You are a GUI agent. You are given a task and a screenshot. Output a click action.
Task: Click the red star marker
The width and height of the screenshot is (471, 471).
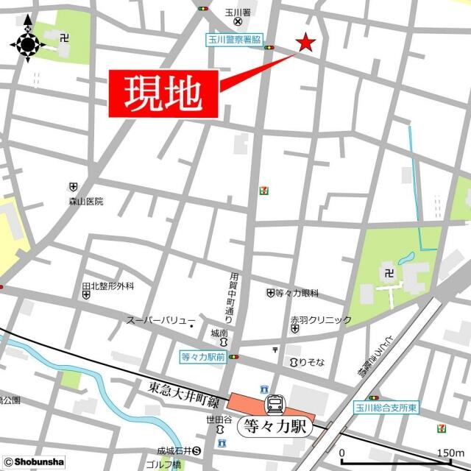coord(305,43)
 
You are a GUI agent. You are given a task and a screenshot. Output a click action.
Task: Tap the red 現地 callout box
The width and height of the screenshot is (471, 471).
coord(164,94)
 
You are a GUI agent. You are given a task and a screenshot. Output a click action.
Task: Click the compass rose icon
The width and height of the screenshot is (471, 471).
coord(28,45)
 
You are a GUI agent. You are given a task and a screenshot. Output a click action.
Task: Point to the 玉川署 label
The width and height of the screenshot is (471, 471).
coord(234,13)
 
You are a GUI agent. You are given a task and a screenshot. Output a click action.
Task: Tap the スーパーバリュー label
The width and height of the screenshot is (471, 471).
coord(157,321)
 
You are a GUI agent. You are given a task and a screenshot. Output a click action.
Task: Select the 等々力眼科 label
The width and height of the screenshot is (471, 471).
coord(296,293)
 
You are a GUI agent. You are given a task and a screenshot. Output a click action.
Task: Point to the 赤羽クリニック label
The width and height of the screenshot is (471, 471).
coord(320,320)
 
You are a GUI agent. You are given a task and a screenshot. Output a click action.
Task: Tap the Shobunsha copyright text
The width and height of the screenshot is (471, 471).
coord(29,462)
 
